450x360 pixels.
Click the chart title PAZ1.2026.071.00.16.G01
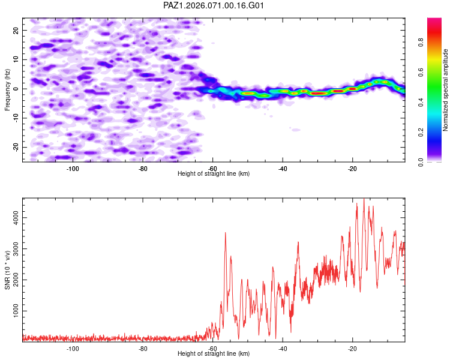(x=214, y=5)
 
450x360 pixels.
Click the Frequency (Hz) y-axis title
(x=7, y=88)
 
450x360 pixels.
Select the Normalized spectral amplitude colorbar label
(x=445, y=90)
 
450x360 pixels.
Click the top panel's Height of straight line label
(x=214, y=173)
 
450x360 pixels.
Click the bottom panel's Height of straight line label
(x=214, y=353)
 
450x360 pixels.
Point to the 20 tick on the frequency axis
(x=17, y=30)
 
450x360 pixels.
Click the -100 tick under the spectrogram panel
(x=73, y=168)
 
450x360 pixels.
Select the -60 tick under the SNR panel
(x=213, y=348)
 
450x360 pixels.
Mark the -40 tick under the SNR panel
(x=283, y=348)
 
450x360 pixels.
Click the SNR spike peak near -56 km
(x=226, y=233)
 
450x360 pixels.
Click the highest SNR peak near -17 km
(x=364, y=199)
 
